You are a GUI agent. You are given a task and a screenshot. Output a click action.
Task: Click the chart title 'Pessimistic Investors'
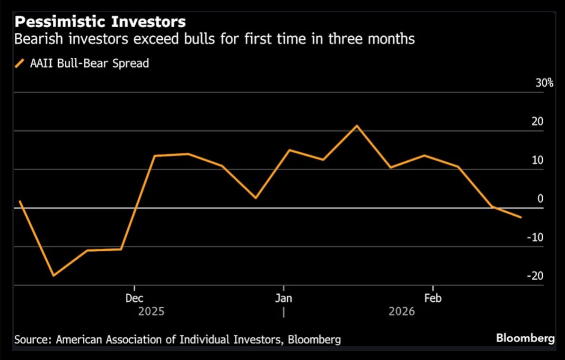tap(100, 22)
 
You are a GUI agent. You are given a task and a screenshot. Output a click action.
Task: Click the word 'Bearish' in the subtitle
tap(36, 39)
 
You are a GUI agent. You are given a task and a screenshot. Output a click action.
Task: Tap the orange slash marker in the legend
tap(20, 63)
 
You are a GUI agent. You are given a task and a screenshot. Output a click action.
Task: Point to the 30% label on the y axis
tap(544, 83)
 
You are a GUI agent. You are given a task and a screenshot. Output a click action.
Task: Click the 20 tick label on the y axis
tap(538, 122)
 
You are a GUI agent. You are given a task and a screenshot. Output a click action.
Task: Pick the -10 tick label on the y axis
tap(535, 237)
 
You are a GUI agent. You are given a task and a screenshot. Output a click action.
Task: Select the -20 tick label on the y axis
tap(535, 276)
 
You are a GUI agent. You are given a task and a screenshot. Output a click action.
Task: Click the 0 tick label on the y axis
tap(540, 199)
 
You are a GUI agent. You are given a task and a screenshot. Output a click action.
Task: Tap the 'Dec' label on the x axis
tap(134, 299)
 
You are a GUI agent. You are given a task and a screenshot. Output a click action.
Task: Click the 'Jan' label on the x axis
tap(283, 299)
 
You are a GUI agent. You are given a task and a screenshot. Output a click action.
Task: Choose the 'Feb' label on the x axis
tap(433, 299)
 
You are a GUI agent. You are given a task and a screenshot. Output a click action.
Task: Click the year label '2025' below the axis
tap(151, 312)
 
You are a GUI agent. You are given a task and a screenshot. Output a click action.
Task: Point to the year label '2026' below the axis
tap(401, 312)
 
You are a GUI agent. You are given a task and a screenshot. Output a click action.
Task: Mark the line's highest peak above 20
tap(357, 125)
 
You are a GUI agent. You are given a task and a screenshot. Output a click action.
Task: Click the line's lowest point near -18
tap(53, 275)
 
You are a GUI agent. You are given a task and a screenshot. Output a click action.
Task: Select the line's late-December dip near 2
tap(256, 198)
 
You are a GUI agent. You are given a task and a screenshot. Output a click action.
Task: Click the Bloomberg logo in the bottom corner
tap(525, 338)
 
